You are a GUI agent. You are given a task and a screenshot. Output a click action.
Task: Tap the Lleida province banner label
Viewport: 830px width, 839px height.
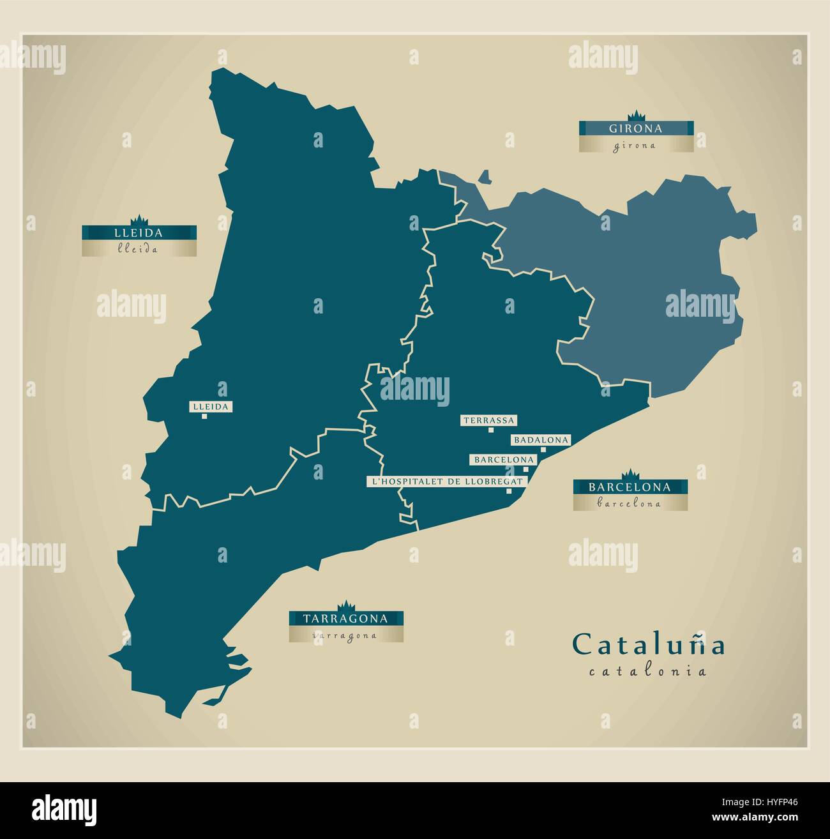[139, 233]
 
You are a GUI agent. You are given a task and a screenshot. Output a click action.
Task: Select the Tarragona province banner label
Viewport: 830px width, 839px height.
[345, 618]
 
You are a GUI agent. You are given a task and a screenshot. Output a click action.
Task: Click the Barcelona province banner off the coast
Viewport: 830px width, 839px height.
[630, 487]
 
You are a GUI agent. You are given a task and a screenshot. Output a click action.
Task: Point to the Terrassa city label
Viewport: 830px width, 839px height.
[489, 420]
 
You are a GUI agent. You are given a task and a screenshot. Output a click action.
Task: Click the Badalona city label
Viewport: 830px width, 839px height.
[540, 440]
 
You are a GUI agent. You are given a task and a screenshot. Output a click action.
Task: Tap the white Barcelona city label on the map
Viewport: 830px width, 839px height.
[503, 460]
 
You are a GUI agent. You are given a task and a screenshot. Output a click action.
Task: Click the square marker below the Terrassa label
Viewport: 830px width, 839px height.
[490, 430]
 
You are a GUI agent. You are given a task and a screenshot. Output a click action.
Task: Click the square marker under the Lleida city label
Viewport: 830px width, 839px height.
[204, 416]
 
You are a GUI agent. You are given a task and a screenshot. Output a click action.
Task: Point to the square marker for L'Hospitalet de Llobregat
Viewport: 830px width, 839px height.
[509, 491]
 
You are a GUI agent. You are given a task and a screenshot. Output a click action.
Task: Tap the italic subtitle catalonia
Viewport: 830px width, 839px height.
[647, 671]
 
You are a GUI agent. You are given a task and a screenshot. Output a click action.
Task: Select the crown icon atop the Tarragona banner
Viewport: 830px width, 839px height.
[345, 605]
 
